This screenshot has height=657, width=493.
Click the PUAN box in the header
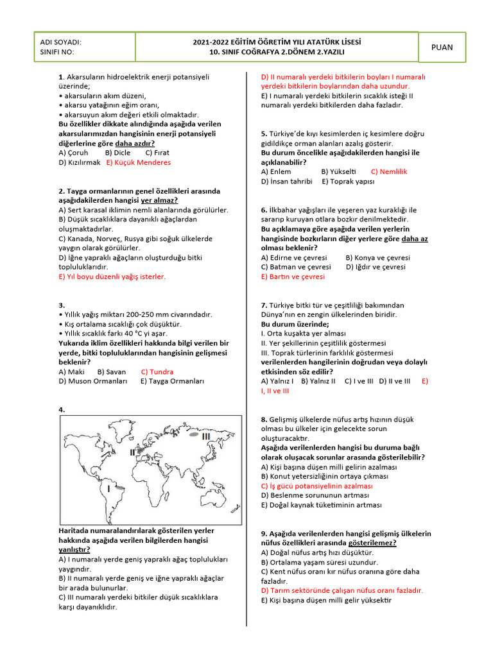(442, 47)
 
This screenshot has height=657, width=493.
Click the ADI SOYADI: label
(60, 42)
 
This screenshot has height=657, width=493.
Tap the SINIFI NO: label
(57, 52)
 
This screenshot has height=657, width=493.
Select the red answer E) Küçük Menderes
(139, 162)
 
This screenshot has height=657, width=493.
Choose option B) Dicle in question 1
(117, 153)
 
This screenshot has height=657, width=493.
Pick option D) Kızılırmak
(80, 162)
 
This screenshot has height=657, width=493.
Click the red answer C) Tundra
(157, 371)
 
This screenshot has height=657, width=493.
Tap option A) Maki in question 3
(71, 371)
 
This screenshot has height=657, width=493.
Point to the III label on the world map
(205, 436)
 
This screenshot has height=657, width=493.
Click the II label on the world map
(132, 452)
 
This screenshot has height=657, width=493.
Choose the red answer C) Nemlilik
(389, 171)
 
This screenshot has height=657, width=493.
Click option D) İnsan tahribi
(286, 181)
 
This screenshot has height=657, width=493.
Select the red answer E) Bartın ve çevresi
(293, 277)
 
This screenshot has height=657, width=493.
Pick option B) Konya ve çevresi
(377, 257)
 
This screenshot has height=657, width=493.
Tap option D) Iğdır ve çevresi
(376, 267)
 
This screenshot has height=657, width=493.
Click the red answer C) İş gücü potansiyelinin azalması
(316, 486)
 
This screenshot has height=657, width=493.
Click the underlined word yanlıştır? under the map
(74, 549)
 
